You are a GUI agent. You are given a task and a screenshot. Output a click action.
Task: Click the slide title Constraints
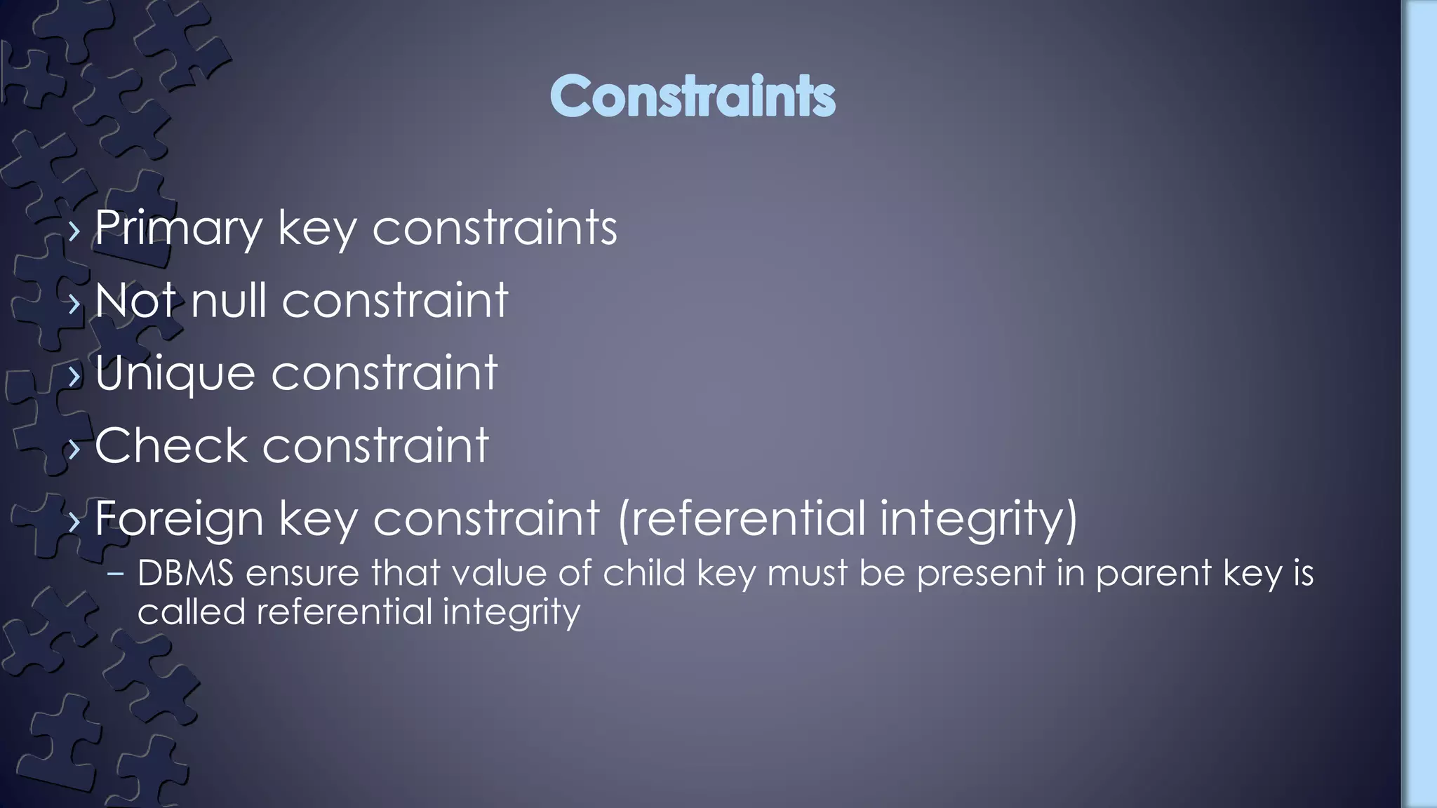(x=693, y=96)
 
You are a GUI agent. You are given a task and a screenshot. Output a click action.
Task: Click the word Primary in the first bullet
(x=178, y=227)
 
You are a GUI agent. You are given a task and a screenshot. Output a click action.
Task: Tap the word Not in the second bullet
(x=134, y=300)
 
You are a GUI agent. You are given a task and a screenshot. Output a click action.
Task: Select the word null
(x=228, y=300)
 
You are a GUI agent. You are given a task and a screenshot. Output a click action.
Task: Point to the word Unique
(x=175, y=373)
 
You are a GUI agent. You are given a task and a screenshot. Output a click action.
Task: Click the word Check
(x=171, y=445)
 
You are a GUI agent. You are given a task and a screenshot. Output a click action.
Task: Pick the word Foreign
(x=179, y=519)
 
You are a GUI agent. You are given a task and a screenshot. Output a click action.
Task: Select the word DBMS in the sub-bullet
(x=185, y=573)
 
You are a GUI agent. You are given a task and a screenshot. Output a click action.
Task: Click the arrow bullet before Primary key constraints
(x=75, y=229)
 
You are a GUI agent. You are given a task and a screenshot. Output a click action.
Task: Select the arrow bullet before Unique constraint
(x=75, y=375)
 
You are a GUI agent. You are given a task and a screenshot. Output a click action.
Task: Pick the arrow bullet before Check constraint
(x=75, y=448)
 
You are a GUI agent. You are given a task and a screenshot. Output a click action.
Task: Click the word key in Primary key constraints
(x=317, y=229)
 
